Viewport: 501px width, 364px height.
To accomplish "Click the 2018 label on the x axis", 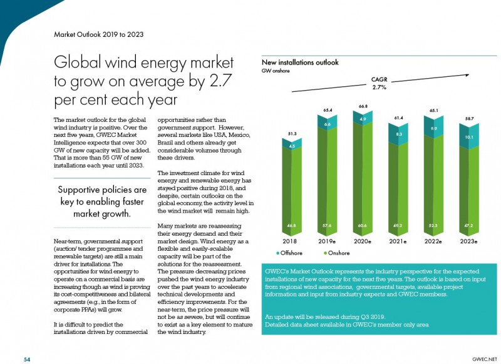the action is [x=289, y=241].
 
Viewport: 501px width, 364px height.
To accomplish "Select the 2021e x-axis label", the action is [x=398, y=241].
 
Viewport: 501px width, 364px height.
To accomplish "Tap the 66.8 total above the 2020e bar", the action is [x=363, y=106].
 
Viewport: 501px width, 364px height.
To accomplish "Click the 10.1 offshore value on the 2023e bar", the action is [x=469, y=137].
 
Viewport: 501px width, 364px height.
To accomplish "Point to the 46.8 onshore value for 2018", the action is [x=291, y=226].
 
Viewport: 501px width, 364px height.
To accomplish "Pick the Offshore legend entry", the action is [x=289, y=253].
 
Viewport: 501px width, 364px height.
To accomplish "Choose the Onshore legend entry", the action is [x=337, y=253].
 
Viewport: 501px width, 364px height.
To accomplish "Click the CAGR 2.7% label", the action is [x=379, y=83].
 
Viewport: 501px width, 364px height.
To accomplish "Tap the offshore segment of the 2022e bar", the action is [x=433, y=128].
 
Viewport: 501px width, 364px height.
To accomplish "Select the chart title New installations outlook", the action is [x=300, y=62].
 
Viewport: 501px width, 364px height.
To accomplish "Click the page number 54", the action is [x=27, y=360].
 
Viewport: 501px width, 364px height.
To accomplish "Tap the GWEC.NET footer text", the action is [x=484, y=360].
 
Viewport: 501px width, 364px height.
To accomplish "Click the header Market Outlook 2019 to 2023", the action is [x=99, y=34].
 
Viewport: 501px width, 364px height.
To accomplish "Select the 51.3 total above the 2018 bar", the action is [x=292, y=134].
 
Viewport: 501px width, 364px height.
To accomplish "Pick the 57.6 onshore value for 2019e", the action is [x=327, y=226].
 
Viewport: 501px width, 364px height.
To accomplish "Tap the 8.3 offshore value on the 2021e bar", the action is [x=399, y=134].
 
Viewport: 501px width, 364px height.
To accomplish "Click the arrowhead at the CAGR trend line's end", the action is [x=467, y=75].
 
